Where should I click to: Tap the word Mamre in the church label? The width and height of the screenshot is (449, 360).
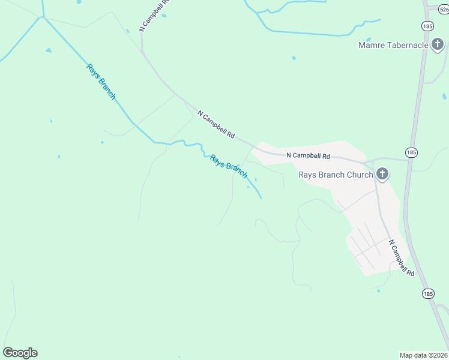click(x=372, y=45)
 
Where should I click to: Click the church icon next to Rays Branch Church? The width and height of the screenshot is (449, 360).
click(x=382, y=175)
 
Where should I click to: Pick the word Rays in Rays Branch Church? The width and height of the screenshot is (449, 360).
click(x=308, y=175)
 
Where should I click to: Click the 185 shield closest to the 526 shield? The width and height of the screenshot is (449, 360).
click(x=428, y=26)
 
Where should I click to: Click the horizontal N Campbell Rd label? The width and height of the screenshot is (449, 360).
click(x=309, y=155)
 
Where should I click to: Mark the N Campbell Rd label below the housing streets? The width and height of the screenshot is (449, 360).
click(x=402, y=258)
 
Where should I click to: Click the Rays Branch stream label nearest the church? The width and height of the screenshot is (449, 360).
click(x=228, y=166)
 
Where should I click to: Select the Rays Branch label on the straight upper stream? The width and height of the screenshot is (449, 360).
click(x=101, y=82)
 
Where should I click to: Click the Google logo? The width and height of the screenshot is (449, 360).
click(x=20, y=353)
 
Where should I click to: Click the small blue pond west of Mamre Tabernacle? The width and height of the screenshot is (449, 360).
click(x=294, y=58)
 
